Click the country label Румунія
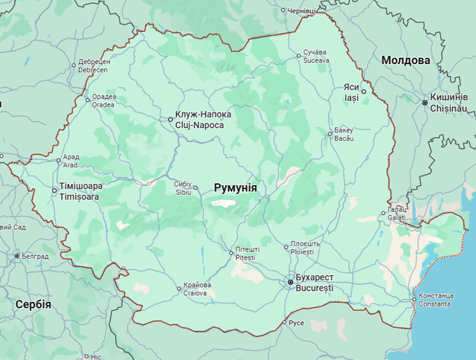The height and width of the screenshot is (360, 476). [x=235, y=188]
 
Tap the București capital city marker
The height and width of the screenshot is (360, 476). [x=291, y=283]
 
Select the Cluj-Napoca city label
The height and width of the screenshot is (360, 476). [x=203, y=120]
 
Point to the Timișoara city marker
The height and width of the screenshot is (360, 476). [x=54, y=191]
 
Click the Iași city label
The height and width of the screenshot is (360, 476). [x=351, y=92]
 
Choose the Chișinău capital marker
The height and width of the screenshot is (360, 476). [x=425, y=103]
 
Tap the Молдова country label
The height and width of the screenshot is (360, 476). [x=405, y=60]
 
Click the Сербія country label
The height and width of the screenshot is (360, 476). [x=33, y=304]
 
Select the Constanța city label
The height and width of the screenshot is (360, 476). [x=434, y=300]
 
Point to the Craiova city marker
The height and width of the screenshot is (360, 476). [x=178, y=289]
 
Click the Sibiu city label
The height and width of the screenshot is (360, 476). [x=183, y=187]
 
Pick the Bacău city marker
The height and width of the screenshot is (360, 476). [x=330, y=134]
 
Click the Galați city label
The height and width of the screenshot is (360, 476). [x=397, y=213]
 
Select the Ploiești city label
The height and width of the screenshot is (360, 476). [x=306, y=248]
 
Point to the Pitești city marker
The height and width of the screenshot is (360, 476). [x=231, y=253]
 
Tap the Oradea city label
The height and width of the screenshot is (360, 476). [x=103, y=100]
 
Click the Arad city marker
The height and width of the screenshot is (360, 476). [x=59, y=160]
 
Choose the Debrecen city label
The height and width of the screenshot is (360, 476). [x=94, y=65]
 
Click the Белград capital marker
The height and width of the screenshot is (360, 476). [x=17, y=256]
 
